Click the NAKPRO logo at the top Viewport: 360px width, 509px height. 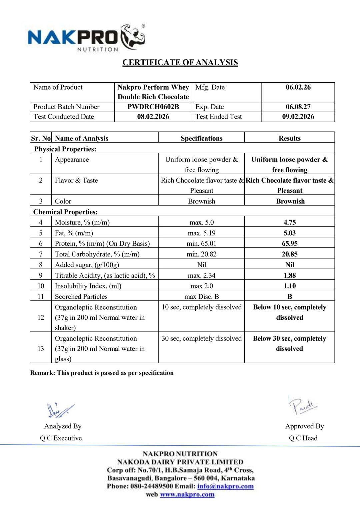pyautogui.click(x=86, y=38)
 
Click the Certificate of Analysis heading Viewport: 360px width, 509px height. pyautogui.click(x=180, y=63)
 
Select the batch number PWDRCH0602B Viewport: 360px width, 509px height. pyautogui.click(x=153, y=107)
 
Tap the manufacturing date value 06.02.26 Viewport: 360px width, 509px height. pyautogui.click(x=298, y=87)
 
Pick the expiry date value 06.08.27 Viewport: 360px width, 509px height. pyautogui.click(x=298, y=107)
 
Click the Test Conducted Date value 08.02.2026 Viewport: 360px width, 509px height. pyautogui.click(x=153, y=117)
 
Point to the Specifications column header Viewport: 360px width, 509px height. pyautogui.click(x=201, y=138)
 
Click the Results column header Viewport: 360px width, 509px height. pyautogui.click(x=289, y=138)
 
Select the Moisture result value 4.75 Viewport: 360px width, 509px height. pyautogui.click(x=289, y=222)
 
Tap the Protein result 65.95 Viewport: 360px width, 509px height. pyautogui.click(x=289, y=244)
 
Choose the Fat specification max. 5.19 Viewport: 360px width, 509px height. pyautogui.click(x=201, y=233)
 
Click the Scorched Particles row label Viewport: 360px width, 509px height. pyautogui.click(x=81, y=296)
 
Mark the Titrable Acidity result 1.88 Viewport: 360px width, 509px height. pyautogui.click(x=289, y=275)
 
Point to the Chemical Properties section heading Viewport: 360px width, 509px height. pyautogui.click(x=65, y=212)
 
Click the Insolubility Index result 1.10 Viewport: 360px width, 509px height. pyautogui.click(x=289, y=286)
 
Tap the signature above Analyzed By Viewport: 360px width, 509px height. pyautogui.click(x=60, y=410)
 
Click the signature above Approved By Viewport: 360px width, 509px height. pyautogui.click(x=303, y=406)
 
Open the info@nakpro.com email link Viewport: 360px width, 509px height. pyautogui.click(x=225, y=486)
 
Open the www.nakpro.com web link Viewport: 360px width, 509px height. pyautogui.click(x=187, y=494)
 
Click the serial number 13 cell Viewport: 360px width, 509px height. pyautogui.click(x=41, y=348)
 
